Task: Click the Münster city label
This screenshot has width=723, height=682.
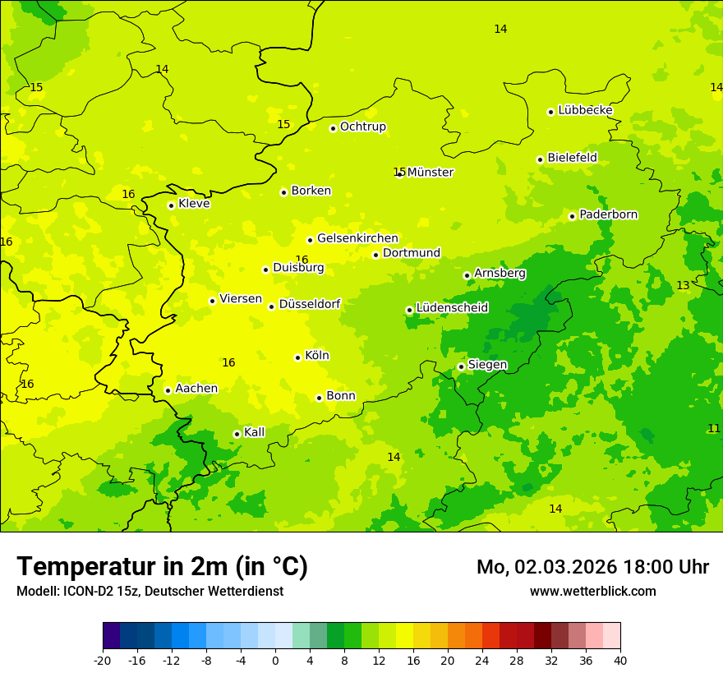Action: click(431, 173)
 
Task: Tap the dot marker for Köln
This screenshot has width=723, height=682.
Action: click(297, 357)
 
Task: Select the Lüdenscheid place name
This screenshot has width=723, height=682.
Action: click(452, 308)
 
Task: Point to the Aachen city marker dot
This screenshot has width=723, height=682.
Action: click(168, 390)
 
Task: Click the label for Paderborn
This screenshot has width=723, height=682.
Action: click(608, 214)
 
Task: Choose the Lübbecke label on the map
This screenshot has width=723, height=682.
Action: click(585, 110)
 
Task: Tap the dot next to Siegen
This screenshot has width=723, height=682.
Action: click(461, 366)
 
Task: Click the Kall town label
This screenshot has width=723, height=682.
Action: click(254, 432)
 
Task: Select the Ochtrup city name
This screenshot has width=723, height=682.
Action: click(362, 127)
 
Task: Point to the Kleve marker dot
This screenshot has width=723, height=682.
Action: click(171, 205)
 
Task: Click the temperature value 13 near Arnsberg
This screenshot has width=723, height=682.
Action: click(683, 286)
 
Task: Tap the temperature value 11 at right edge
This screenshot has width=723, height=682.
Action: click(714, 428)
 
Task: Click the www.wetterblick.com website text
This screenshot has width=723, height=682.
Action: click(592, 592)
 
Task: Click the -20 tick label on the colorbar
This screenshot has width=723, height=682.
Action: click(102, 660)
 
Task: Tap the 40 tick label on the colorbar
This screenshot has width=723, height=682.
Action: click(620, 660)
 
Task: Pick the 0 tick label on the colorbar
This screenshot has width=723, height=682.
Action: click(275, 660)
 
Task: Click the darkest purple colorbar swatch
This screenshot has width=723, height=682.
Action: click(111, 636)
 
